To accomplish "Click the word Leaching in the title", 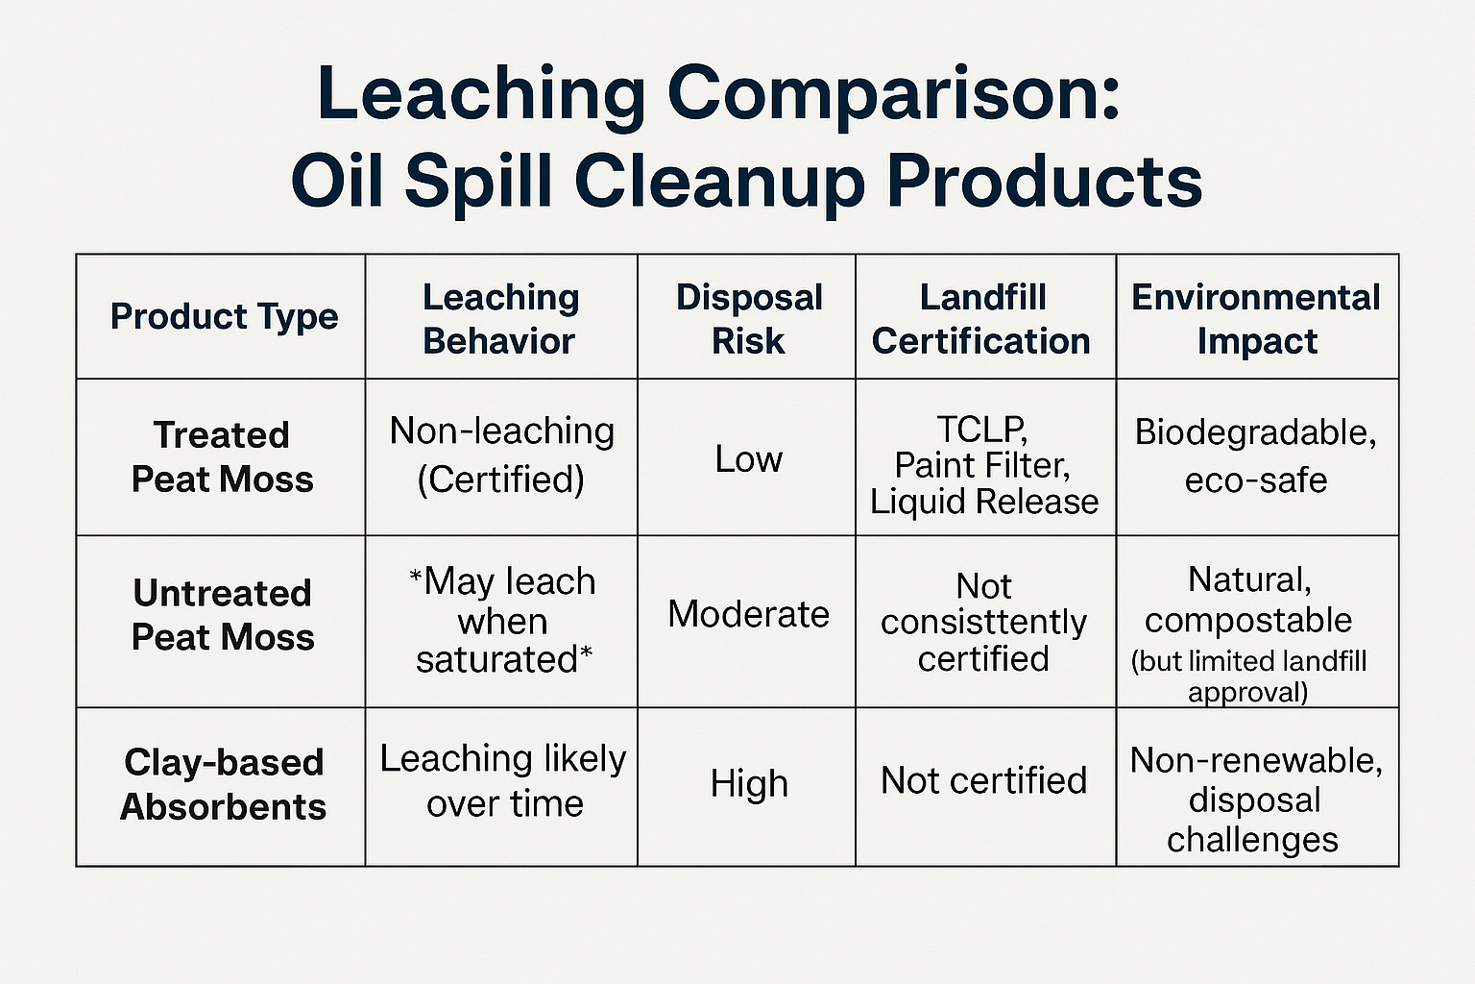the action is click(x=481, y=95).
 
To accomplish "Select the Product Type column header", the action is click(x=224, y=316).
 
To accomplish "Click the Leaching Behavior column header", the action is click(x=500, y=319).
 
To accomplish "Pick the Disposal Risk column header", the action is click(x=749, y=319).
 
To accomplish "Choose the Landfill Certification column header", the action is click(x=981, y=319).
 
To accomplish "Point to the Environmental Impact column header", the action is click(x=1256, y=319).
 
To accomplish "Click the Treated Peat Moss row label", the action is click(x=223, y=456).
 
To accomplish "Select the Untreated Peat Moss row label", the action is click(x=223, y=614).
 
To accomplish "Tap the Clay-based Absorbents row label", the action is click(x=223, y=784).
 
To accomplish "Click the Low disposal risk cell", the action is click(x=749, y=458).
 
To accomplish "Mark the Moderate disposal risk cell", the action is click(x=749, y=614).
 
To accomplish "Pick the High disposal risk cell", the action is click(x=749, y=783).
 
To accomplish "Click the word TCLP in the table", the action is click(x=981, y=430).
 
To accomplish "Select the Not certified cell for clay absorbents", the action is click(x=983, y=780).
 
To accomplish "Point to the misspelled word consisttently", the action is click(x=983, y=622).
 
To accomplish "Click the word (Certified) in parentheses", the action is click(x=501, y=480).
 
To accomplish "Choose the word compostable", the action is click(x=1247, y=620).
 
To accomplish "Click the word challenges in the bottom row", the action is click(x=1252, y=840).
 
